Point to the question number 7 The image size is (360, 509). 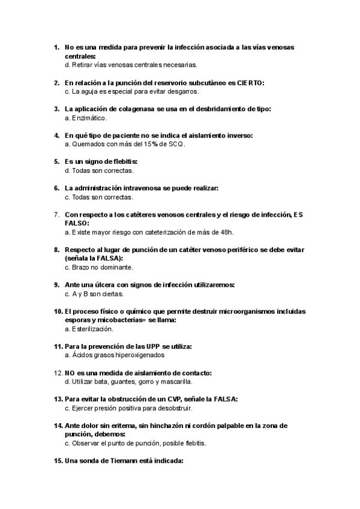(x=56, y=214)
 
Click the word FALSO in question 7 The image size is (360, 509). (x=76, y=223)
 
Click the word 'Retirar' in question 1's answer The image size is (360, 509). (x=81, y=64)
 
